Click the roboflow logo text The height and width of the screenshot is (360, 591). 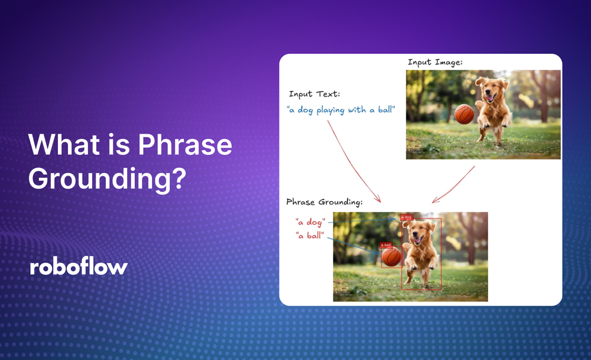(x=79, y=267)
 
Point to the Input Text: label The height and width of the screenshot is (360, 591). (x=314, y=94)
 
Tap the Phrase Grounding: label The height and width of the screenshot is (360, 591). (x=324, y=202)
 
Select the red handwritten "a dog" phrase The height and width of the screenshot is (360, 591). (x=310, y=222)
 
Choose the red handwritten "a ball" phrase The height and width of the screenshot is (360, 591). (x=310, y=235)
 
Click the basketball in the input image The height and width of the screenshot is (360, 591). (x=464, y=113)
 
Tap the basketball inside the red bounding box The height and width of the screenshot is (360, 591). (x=391, y=257)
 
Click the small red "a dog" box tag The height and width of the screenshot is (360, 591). (x=407, y=218)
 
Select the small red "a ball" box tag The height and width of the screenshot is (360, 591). (x=386, y=245)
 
